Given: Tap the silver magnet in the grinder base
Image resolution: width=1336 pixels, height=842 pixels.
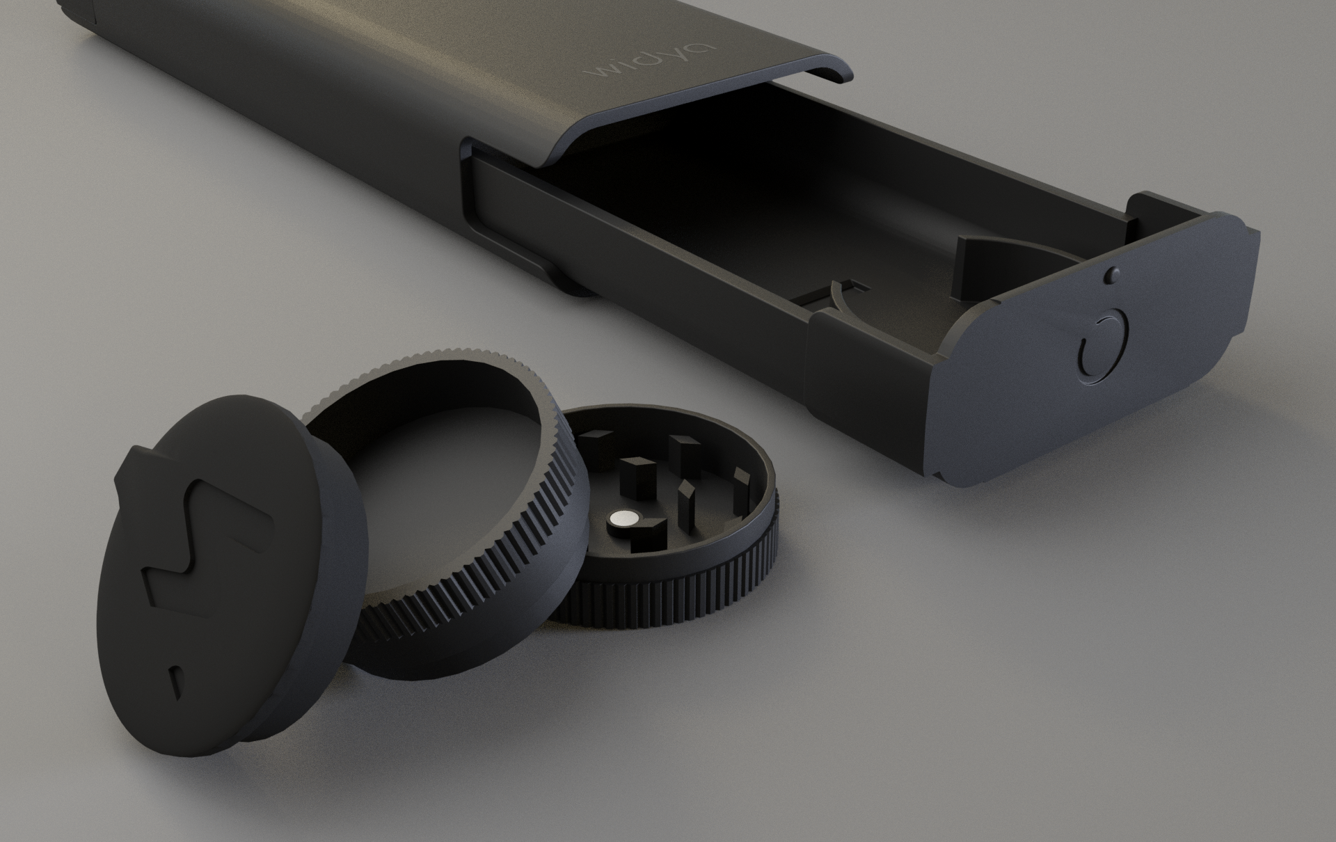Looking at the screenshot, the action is (625, 517).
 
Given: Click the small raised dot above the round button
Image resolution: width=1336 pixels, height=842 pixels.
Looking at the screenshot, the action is (1113, 276).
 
